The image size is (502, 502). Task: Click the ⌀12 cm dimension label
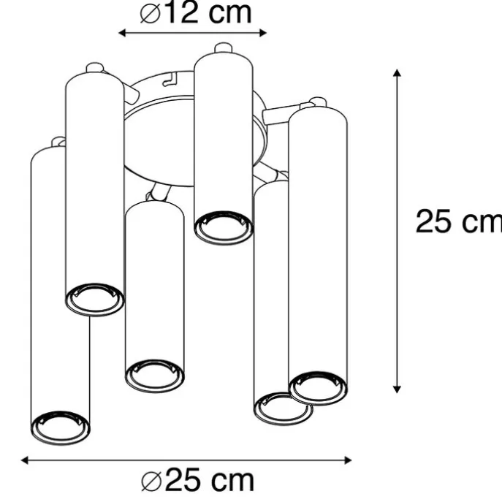(196, 13)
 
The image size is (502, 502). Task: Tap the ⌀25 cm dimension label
(197, 480)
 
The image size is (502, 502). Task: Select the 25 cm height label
(458, 221)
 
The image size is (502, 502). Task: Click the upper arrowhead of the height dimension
(397, 72)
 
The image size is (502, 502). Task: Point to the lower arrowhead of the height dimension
(397, 389)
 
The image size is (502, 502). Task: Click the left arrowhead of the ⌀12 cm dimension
(122, 33)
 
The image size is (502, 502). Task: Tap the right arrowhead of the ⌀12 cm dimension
(263, 33)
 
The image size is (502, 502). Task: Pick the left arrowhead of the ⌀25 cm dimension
(25, 460)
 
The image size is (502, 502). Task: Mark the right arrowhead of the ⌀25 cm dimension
(348, 460)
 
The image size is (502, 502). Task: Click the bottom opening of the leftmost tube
(61, 427)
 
